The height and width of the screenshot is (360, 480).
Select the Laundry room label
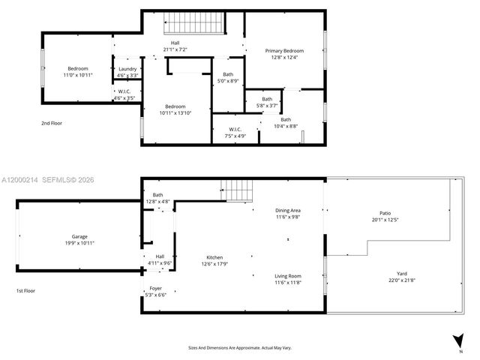click(x=127, y=69)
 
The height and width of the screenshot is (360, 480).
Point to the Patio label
click(x=385, y=213)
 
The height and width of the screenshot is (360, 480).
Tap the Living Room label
click(x=287, y=276)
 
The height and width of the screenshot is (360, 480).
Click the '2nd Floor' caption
click(x=52, y=121)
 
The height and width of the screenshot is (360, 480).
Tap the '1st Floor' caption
click(x=25, y=290)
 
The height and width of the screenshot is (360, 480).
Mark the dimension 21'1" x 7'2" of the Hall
click(x=175, y=49)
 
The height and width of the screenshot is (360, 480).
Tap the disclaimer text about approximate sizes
click(x=239, y=347)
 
